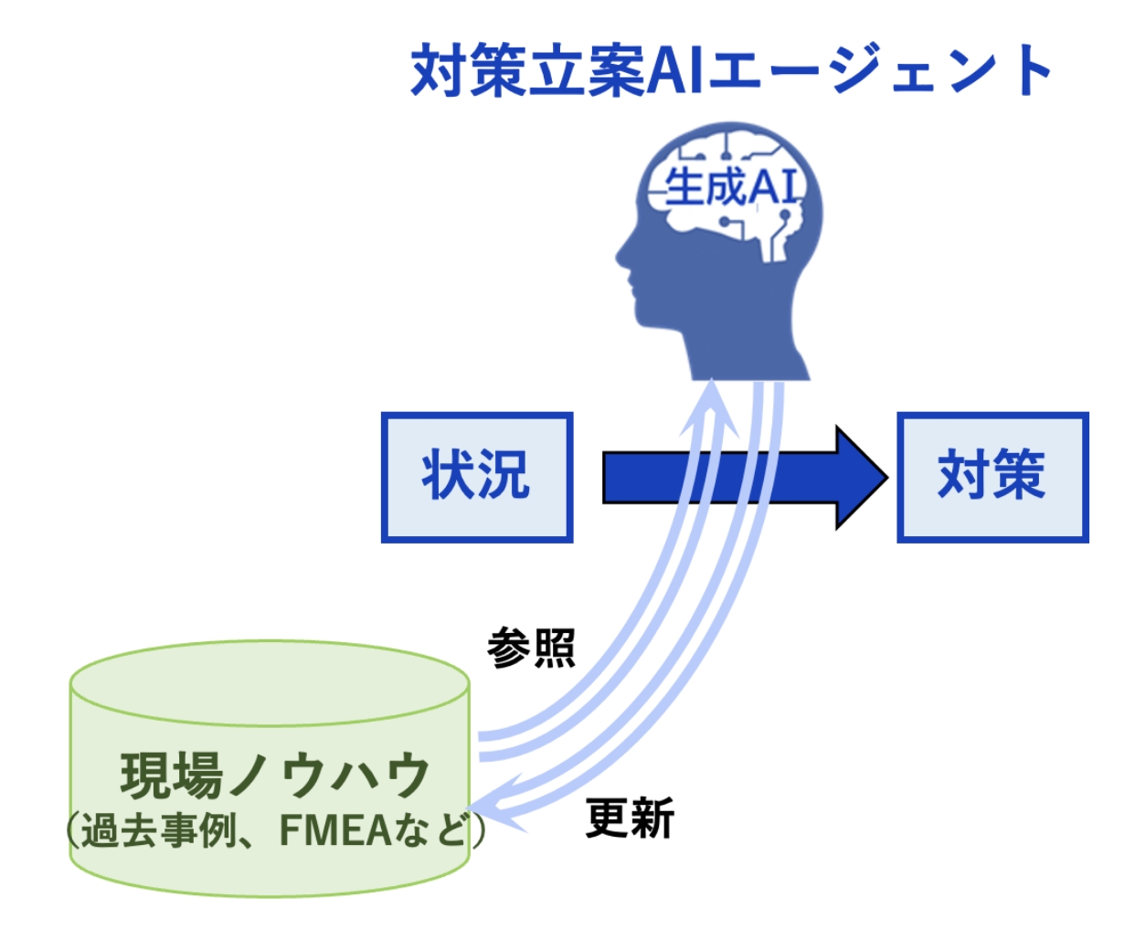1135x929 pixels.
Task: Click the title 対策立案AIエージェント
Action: pyautogui.click(x=731, y=70)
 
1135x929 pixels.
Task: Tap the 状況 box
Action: pyautogui.click(x=476, y=477)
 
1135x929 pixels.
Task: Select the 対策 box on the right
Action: pyautogui.click(x=992, y=477)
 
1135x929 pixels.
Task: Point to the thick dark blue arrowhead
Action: pyautogui.click(x=858, y=477)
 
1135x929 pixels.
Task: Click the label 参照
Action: pyautogui.click(x=531, y=648)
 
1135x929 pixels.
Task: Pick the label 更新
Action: pyautogui.click(x=629, y=818)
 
